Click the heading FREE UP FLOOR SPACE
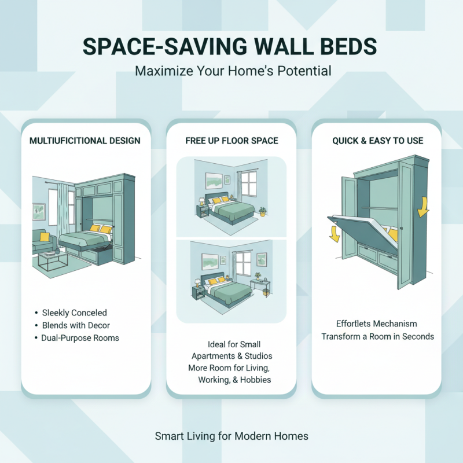tap(231, 141)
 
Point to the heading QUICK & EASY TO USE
tap(377, 141)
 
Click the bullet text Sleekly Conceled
tap(75, 313)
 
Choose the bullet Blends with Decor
tap(76, 325)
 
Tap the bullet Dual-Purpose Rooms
tap(80, 338)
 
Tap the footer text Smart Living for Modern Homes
tap(231, 436)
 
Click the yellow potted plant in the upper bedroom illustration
tap(262, 211)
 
